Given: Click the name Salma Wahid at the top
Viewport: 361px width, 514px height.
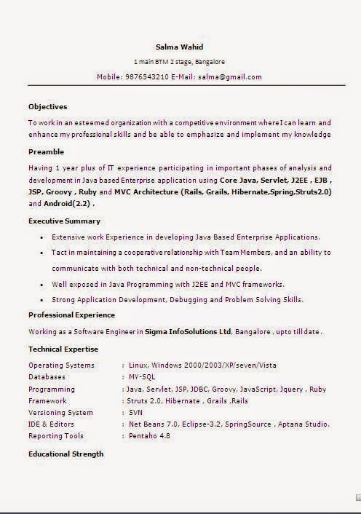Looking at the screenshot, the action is tap(180, 47).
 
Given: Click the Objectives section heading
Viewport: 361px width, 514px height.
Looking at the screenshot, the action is tap(47, 106).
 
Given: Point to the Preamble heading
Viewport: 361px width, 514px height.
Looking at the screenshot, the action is tap(47, 151).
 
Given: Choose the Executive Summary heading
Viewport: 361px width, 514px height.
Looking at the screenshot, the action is tap(64, 221).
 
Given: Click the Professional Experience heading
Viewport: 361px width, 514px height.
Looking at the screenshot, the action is tap(71, 315).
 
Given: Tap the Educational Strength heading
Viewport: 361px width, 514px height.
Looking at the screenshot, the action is tap(66, 454).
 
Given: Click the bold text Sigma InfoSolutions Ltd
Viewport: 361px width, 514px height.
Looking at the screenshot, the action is tap(188, 331).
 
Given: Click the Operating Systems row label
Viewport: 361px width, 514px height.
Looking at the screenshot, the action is tap(61, 365).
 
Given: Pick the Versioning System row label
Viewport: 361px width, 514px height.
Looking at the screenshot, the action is tap(60, 412).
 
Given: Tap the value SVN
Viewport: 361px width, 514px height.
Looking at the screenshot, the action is tap(135, 412).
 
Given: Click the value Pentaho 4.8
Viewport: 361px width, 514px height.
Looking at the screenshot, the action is tap(149, 436).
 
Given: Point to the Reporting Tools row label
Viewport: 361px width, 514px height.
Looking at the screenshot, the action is tap(56, 436).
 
